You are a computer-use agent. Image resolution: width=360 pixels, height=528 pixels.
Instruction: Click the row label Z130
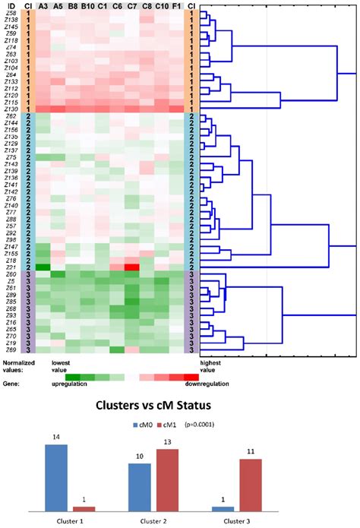pyautogui.click(x=11, y=109)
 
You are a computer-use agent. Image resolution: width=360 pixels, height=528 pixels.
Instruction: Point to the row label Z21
pyautogui.click(x=11, y=267)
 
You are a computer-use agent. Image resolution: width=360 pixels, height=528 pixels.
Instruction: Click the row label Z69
pyautogui.click(x=11, y=349)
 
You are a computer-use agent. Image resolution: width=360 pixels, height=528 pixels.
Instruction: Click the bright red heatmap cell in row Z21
pyautogui.click(x=132, y=267)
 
